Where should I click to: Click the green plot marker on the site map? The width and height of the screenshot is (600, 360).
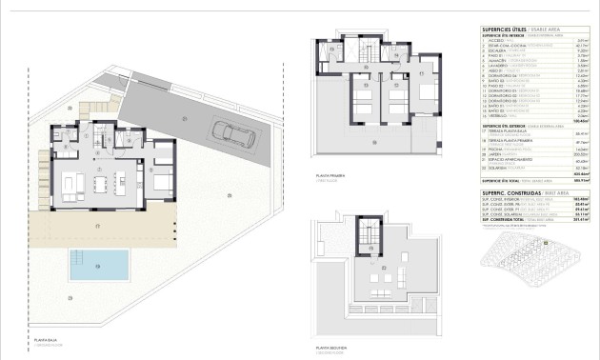tap(545, 243)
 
